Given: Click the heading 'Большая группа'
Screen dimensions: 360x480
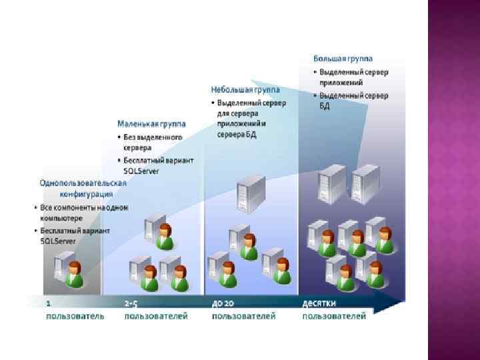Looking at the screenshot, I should pyautogui.click(x=343, y=59).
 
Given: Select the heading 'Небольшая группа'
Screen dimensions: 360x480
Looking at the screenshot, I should pyautogui.click(x=245, y=89).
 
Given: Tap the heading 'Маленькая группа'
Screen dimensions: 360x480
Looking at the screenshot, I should pyautogui.click(x=151, y=124).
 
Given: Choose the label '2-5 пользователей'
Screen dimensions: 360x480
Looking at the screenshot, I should pyautogui.click(x=156, y=310).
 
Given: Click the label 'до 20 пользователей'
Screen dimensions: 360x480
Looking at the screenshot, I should pyautogui.click(x=243, y=310).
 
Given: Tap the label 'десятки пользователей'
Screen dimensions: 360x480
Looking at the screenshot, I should pyautogui.click(x=334, y=310).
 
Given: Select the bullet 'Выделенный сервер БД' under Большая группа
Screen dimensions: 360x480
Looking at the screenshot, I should pyautogui.click(x=353, y=101).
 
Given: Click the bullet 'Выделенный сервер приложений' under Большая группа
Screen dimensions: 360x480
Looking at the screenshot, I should pyautogui.click(x=353, y=77).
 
